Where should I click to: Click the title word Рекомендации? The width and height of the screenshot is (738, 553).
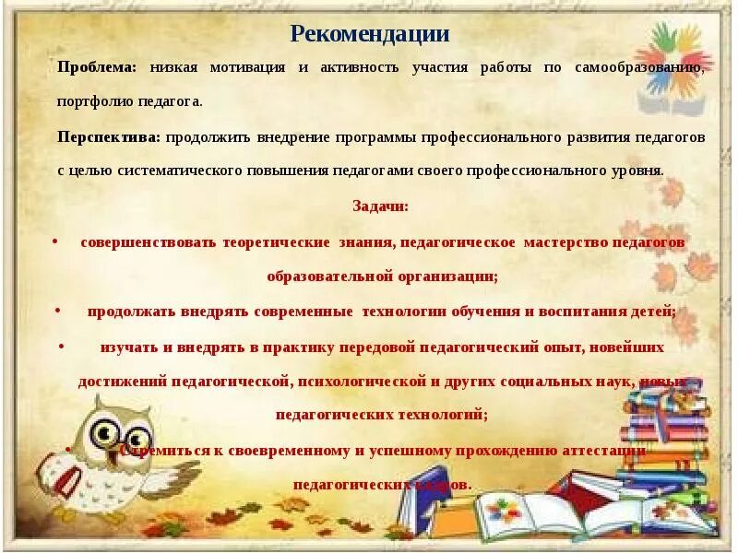click(x=369, y=34)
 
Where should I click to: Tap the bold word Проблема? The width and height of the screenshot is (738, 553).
click(x=97, y=67)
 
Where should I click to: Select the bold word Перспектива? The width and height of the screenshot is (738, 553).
click(x=108, y=136)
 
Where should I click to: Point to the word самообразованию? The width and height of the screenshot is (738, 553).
click(x=639, y=67)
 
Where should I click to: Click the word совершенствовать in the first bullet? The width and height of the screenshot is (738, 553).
click(x=148, y=241)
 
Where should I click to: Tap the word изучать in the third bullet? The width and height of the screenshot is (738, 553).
click(x=129, y=347)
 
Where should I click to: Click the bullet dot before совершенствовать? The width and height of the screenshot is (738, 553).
click(x=55, y=241)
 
